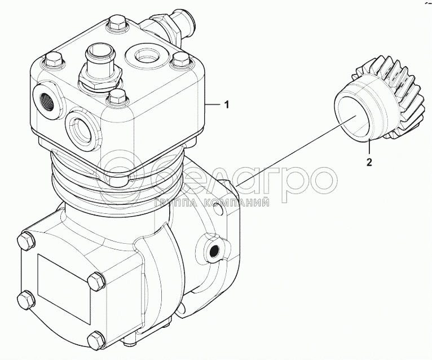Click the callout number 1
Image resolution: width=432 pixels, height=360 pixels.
coord(227,105)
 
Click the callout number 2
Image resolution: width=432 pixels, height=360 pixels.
coord(369,162)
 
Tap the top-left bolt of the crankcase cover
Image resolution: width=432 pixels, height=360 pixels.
coord(27,242)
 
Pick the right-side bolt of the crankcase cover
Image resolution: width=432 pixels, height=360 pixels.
coord(96,281)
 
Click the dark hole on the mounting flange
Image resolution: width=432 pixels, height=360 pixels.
coord(214,252)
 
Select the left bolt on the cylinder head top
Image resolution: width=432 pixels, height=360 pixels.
coord(54,60)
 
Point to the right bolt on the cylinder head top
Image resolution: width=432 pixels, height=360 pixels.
coord(180,61)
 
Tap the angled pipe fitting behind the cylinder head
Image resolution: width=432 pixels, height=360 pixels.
coord(170,25)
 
